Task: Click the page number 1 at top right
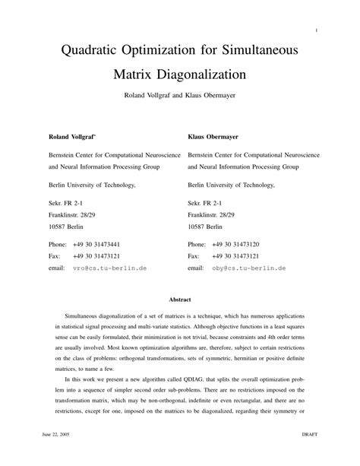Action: (314, 30)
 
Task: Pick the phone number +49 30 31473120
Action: (236, 244)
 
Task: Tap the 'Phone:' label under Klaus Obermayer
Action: (197, 244)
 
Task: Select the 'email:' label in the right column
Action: (196, 268)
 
